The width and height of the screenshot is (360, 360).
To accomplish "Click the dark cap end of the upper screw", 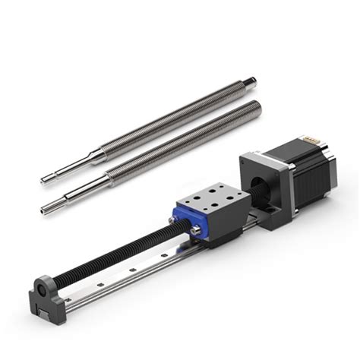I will pos(251,81).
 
